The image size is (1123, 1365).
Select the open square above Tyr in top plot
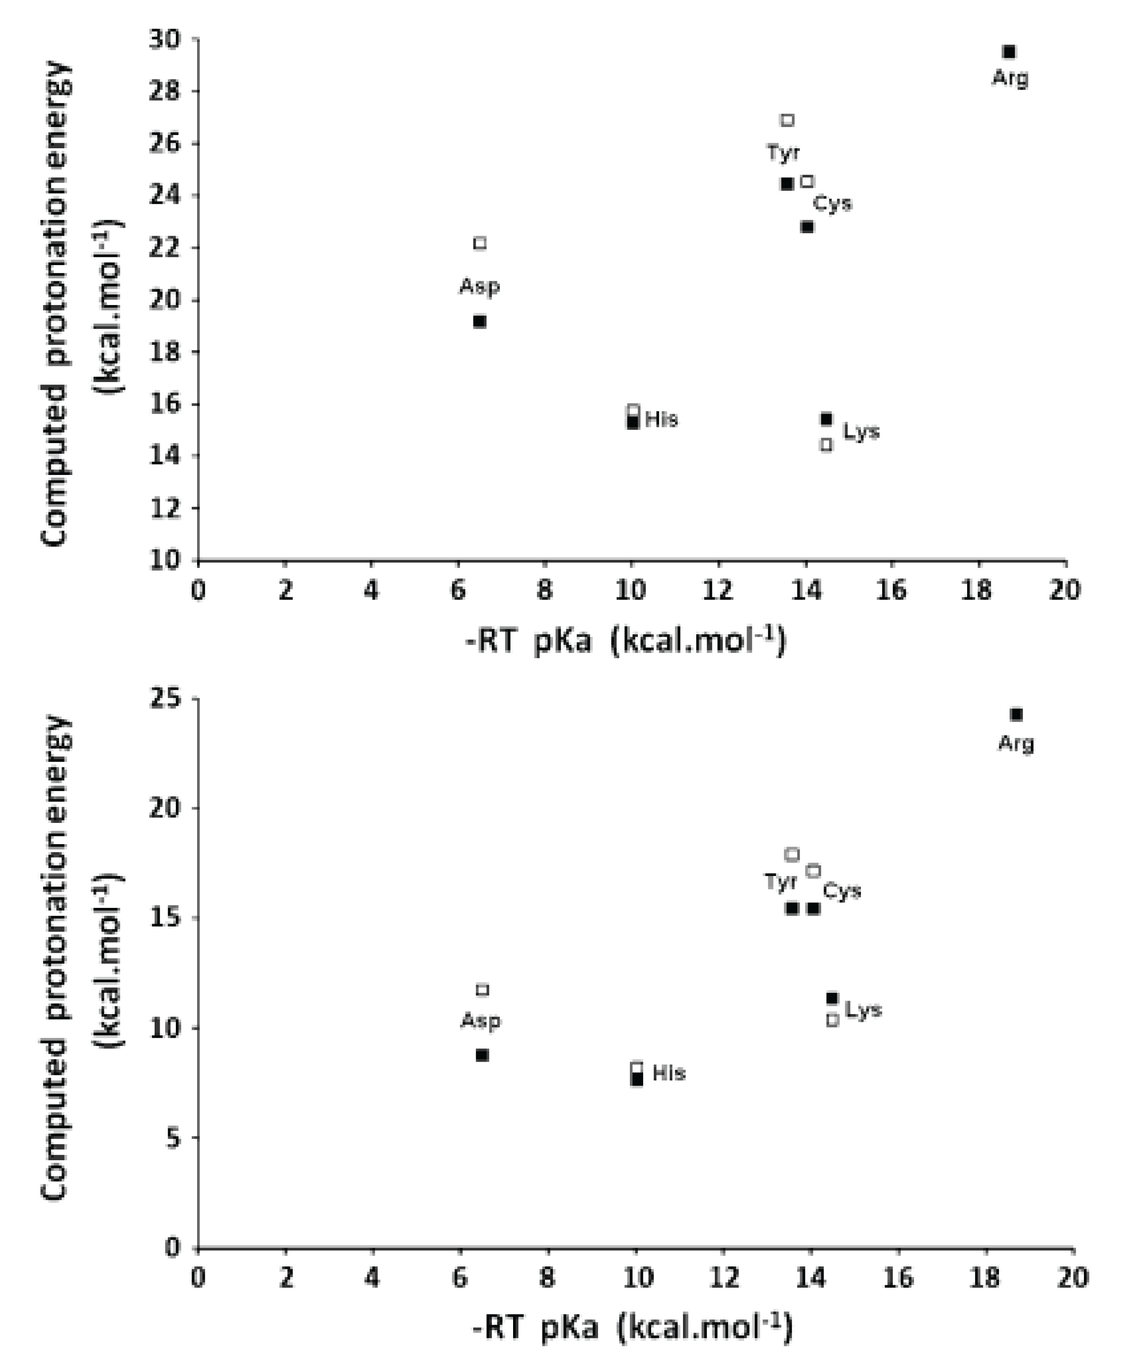[787, 120]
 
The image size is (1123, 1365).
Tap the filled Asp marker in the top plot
[480, 322]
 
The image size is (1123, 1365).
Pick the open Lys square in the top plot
[826, 445]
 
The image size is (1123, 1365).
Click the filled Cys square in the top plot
[807, 227]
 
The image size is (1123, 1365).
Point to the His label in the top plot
[661, 420]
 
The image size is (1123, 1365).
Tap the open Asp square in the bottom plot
[482, 990]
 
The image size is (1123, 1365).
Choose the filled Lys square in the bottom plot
[832, 998]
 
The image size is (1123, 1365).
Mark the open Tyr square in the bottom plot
[792, 855]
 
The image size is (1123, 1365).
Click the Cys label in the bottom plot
[841, 891]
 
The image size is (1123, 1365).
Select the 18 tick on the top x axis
[977, 591]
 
